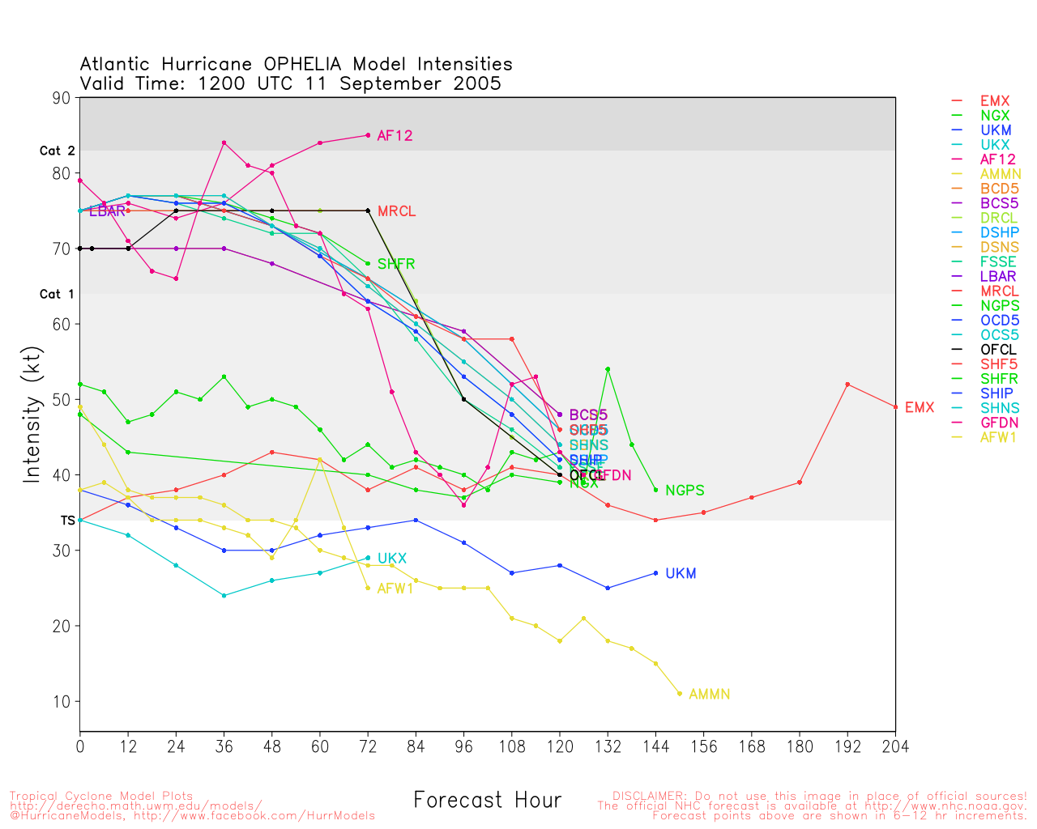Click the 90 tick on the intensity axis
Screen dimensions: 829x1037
click(62, 98)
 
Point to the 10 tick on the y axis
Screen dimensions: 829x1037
click(62, 701)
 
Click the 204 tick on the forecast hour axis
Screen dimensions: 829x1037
click(895, 746)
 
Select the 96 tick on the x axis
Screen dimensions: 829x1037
click(463, 746)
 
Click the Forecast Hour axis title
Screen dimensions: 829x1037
click(487, 801)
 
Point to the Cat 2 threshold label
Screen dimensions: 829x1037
click(57, 151)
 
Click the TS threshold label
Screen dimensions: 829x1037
click(67, 521)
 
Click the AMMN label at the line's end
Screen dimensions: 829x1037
click(709, 695)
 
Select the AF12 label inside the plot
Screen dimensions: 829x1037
click(395, 136)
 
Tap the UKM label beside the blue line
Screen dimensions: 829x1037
click(681, 574)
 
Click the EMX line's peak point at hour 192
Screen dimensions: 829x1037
click(847, 384)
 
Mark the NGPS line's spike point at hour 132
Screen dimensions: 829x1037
click(608, 369)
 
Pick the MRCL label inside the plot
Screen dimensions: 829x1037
click(396, 212)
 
